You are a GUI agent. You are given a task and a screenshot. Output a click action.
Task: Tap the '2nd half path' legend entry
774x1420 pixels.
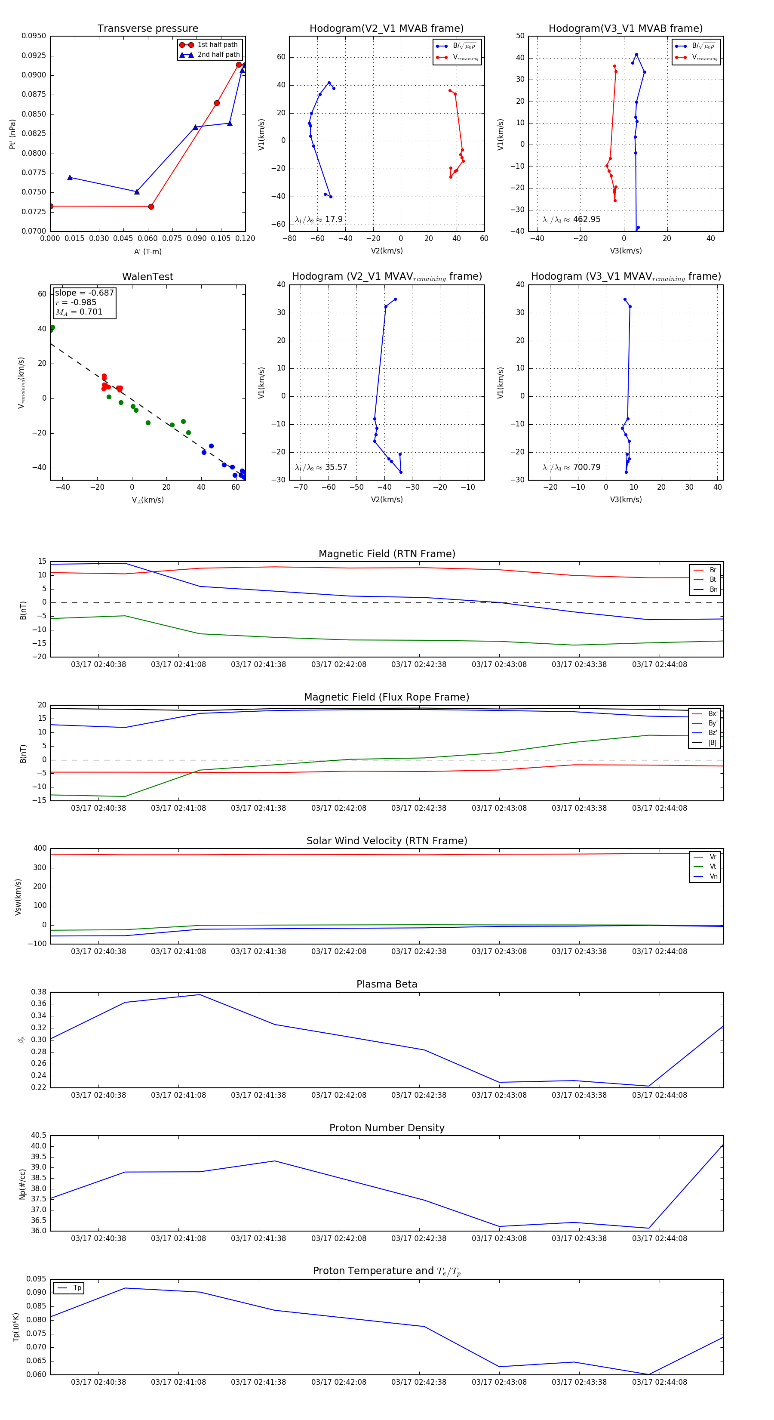point(218,55)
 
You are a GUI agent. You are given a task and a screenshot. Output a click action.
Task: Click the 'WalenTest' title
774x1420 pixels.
point(147,277)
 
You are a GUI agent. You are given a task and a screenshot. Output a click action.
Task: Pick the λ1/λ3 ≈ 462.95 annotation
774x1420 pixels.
point(571,219)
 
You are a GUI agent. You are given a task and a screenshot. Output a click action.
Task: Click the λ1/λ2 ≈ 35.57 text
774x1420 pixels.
point(321,467)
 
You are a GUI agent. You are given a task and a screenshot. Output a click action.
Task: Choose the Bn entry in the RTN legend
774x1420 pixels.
point(713,589)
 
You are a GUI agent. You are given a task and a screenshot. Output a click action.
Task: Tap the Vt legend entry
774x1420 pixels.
point(713,867)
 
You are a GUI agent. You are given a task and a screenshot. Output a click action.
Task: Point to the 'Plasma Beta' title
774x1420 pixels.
point(387,985)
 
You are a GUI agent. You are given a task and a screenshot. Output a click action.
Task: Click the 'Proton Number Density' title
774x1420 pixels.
point(387,1128)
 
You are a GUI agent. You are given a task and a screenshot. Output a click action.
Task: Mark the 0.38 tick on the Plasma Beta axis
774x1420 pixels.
point(39,992)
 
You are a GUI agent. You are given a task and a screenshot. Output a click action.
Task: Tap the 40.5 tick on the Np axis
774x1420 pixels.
point(39,1136)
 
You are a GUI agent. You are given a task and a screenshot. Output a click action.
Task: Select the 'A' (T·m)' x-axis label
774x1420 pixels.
point(147,251)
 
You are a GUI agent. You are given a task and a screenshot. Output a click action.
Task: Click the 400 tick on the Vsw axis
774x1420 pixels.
point(40,849)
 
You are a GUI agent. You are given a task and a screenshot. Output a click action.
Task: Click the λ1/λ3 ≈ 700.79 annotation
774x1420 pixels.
point(571,467)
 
